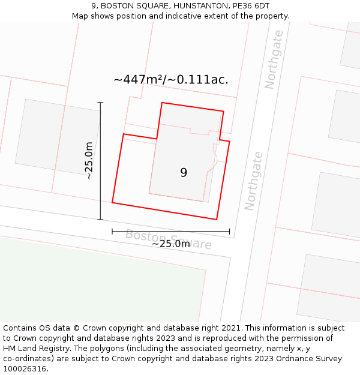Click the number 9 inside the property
[184, 173]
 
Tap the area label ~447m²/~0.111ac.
[171, 79]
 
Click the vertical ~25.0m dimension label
[89, 161]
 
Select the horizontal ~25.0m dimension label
[170, 243]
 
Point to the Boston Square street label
[169, 240]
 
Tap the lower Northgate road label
[253, 180]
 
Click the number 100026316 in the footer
[24, 368]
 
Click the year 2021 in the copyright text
[232, 328]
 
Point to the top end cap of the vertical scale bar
[100, 103]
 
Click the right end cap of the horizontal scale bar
[229, 231]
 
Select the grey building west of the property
[58, 137]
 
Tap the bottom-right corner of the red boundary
[217, 220]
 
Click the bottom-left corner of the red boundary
[112, 203]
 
